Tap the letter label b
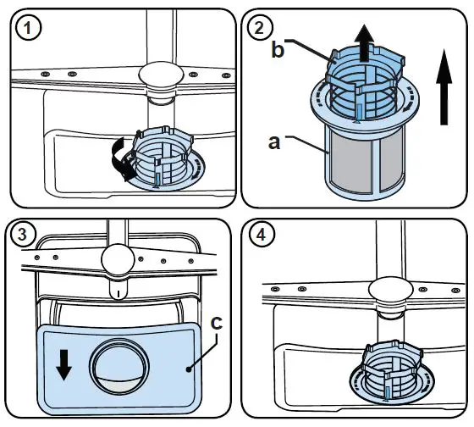point(276,51)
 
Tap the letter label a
point(275,143)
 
